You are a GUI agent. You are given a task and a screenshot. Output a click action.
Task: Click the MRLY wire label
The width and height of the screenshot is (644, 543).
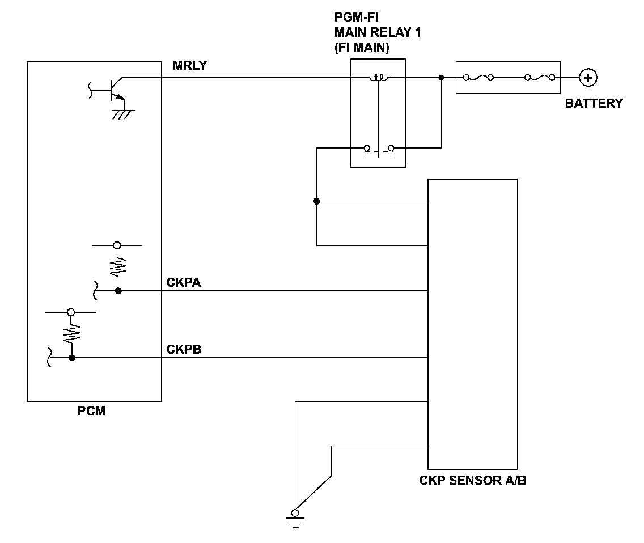click(x=190, y=65)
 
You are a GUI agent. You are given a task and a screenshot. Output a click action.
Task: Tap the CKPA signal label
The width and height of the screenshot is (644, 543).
click(x=184, y=283)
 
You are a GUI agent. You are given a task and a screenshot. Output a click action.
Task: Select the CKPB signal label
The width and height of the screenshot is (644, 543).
click(x=184, y=350)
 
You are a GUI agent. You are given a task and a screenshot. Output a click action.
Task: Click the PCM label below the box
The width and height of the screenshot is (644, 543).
click(x=92, y=411)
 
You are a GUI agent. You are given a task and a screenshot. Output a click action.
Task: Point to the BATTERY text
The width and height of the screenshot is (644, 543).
click(x=594, y=103)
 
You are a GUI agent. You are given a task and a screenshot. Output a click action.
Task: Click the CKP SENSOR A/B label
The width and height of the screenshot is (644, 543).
click(x=472, y=480)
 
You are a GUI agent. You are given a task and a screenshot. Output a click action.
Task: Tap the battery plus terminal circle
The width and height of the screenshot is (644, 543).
click(x=588, y=78)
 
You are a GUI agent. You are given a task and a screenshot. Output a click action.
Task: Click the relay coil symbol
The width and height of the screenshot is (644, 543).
click(x=378, y=78)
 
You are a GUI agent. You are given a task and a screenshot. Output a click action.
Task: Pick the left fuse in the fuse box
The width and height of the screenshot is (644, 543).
click(x=478, y=77)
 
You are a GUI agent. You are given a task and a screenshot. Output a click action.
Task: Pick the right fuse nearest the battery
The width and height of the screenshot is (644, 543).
click(x=540, y=77)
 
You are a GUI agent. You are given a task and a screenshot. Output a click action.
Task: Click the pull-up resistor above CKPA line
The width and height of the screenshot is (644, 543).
click(x=118, y=266)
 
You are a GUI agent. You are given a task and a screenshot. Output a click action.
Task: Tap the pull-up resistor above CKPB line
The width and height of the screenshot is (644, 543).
click(x=71, y=333)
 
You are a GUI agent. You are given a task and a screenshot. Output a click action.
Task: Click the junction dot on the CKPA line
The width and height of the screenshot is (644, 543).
click(x=118, y=291)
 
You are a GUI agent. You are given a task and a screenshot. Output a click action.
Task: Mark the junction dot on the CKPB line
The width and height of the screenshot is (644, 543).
click(x=72, y=358)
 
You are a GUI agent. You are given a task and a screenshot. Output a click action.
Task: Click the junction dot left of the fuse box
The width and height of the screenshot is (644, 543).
click(x=441, y=77)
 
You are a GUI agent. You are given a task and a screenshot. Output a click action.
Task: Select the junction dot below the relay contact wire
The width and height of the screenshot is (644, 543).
click(x=317, y=201)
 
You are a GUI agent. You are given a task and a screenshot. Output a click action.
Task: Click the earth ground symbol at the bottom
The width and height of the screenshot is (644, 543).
click(x=295, y=519)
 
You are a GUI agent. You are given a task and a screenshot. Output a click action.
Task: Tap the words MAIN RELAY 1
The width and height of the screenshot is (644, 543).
click(x=378, y=32)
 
